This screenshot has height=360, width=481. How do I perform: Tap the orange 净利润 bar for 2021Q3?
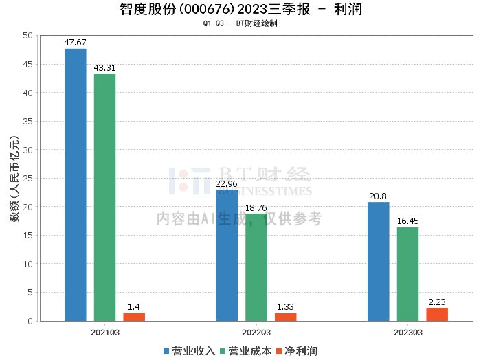tap(134, 317)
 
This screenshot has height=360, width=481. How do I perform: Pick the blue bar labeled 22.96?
tap(227, 255)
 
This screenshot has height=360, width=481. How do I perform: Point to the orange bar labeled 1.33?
tap(286, 317)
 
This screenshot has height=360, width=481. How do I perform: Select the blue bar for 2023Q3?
tap(378, 261)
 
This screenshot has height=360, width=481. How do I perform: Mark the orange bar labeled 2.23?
tap(437, 314)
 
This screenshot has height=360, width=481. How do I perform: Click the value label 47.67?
tap(75, 43)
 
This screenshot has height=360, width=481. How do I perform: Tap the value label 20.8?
tap(378, 196)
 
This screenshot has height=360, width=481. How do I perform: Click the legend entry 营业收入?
tap(190, 351)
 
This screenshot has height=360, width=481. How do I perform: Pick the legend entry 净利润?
tap(296, 351)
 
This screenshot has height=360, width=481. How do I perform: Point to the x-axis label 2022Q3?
tap(256, 332)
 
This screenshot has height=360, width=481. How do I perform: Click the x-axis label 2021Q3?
tap(104, 332)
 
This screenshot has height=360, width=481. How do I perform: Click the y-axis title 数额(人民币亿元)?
tap(13, 179)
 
